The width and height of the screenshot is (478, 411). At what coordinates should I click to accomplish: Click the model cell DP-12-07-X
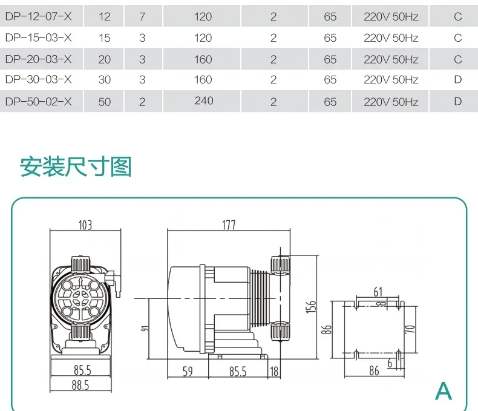(38, 16)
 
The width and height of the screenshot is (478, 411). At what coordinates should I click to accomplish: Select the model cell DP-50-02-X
(38, 102)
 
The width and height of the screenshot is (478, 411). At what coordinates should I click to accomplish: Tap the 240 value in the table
(204, 100)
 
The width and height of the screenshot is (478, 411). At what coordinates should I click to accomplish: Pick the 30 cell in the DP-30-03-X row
(104, 79)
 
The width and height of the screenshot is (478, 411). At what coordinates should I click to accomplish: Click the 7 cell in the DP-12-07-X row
(142, 16)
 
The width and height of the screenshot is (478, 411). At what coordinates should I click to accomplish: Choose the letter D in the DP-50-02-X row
(458, 101)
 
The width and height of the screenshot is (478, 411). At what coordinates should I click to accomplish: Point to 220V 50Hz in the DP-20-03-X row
(391, 59)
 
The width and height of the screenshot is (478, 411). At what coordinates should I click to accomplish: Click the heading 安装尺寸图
(76, 167)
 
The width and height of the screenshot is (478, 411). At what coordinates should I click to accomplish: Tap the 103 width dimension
(85, 225)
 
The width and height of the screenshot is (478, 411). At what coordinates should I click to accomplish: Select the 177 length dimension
(229, 225)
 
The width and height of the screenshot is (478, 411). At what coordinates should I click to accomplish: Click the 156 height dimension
(311, 307)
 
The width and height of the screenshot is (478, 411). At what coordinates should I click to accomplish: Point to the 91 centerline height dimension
(145, 328)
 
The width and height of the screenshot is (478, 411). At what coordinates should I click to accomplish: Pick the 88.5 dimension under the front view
(80, 385)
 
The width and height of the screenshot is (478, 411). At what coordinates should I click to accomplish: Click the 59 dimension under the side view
(188, 372)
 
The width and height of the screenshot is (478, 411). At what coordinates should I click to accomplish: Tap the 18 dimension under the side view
(274, 372)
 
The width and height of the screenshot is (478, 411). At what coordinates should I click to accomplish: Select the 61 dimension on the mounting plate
(378, 292)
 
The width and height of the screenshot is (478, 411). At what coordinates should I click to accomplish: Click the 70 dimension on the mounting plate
(410, 329)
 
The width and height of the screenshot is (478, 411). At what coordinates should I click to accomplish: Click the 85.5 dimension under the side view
(238, 372)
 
